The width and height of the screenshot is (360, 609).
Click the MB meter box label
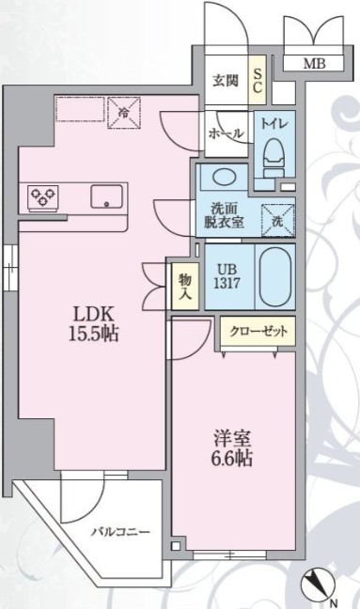click(x=314, y=63)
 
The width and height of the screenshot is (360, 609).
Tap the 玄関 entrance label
click(x=226, y=81)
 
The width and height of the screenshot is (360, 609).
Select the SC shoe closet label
click(x=258, y=81)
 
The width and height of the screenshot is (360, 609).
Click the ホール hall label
click(x=227, y=134)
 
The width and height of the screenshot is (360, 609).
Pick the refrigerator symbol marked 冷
click(x=123, y=112)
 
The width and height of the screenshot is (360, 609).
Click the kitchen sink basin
click(x=107, y=197)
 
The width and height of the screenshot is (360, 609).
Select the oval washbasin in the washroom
click(x=224, y=177)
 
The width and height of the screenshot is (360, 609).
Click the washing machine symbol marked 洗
click(x=277, y=220)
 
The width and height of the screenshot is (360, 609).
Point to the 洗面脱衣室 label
click(x=224, y=215)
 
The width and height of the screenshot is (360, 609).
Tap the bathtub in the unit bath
click(x=275, y=276)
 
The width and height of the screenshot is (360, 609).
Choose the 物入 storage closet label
click(x=185, y=287)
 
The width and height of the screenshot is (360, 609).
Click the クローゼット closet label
click(x=258, y=332)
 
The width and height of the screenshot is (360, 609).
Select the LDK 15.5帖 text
click(x=94, y=323)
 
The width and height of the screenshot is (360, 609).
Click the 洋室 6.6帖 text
click(x=232, y=447)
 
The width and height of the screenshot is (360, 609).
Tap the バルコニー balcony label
click(x=120, y=532)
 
